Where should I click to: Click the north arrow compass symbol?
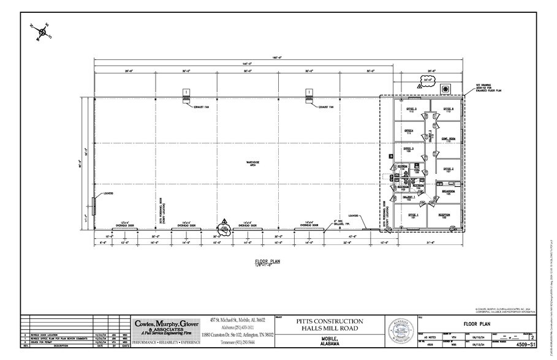(x=42, y=30)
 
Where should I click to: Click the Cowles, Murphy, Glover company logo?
(x=167, y=326)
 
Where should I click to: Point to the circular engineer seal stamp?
(x=401, y=332)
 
